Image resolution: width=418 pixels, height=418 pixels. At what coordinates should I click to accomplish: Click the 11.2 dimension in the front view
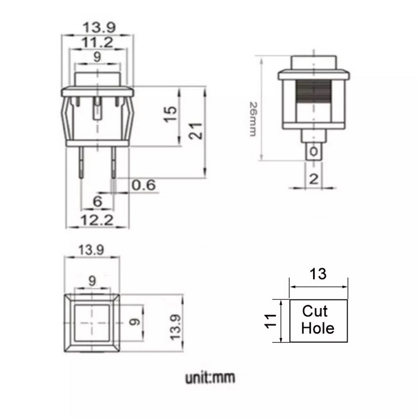pos(97,42)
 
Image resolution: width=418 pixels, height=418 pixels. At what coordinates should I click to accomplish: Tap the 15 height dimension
pos(170,114)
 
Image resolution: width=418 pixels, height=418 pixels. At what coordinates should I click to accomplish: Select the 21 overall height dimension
pos(196,131)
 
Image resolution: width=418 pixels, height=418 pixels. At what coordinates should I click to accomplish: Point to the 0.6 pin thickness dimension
pos(144,185)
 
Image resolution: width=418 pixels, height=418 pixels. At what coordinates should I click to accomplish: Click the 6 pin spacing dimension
pos(98,201)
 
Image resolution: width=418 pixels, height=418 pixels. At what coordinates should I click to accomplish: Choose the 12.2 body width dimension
pos(97,220)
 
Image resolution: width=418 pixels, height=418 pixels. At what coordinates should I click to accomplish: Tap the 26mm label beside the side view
pos(253,119)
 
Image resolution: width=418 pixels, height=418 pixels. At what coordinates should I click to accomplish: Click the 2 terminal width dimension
pos(313,179)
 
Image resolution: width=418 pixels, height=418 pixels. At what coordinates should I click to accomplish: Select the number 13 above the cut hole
pos(318,274)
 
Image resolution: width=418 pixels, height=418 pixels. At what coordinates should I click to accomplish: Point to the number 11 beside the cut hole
pos(270,321)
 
